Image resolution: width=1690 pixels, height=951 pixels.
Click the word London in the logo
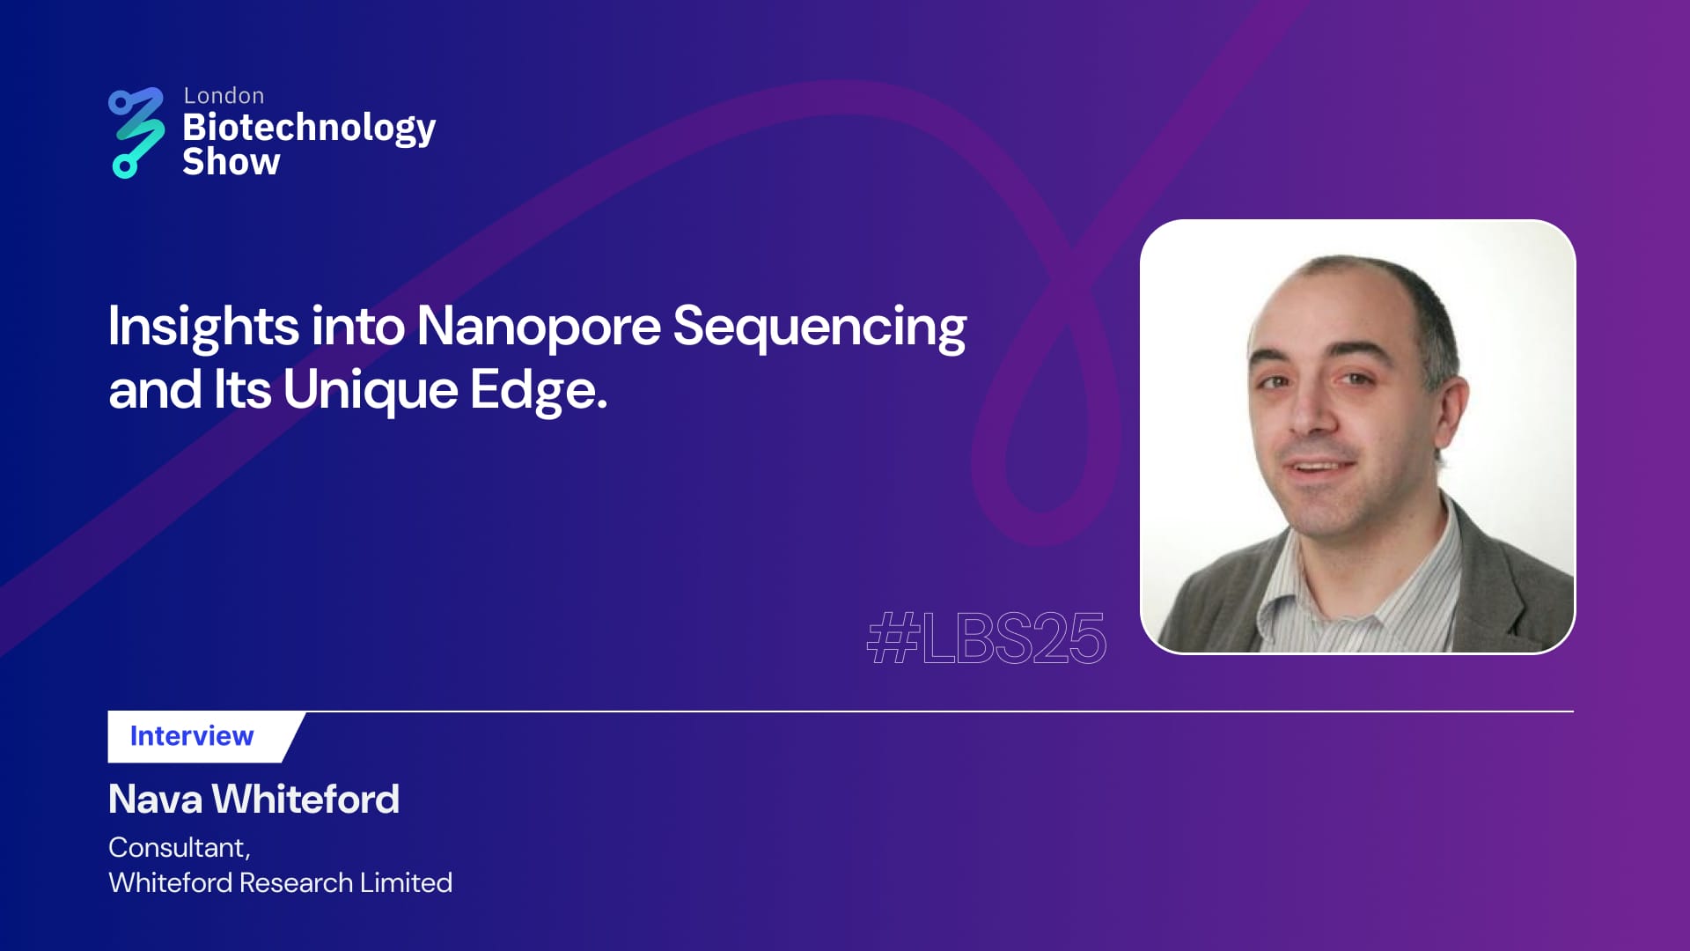tap(224, 95)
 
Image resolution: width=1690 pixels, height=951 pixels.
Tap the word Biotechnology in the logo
tap(309, 129)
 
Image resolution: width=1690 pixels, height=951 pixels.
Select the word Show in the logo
tap(231, 162)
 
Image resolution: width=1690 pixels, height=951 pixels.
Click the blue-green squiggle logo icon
tap(136, 133)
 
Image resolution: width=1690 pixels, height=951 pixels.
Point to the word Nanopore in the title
tap(538, 328)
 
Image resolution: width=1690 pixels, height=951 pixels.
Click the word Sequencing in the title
tap(819, 328)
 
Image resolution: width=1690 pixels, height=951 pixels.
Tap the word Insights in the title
tap(203, 326)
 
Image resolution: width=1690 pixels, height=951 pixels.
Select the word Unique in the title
tap(371, 391)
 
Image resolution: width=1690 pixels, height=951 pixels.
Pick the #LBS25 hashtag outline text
tap(986, 638)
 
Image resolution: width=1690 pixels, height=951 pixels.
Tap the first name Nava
tap(155, 800)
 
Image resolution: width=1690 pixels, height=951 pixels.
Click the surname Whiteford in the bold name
tap(305, 800)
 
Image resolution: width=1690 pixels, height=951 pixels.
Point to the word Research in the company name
tap(296, 882)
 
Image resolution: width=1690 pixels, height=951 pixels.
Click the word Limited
tap(406, 882)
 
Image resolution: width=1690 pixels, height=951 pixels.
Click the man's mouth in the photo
tap(1316, 466)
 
